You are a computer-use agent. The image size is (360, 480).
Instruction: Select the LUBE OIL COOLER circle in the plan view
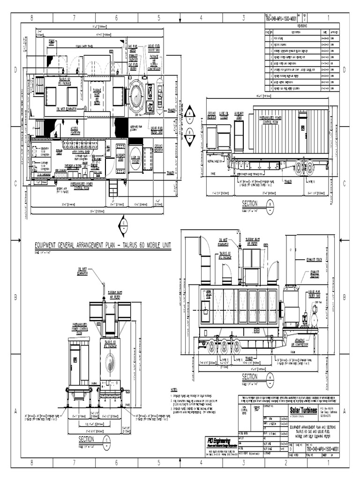(x=135, y=158)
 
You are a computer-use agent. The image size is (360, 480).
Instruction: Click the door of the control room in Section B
(x=303, y=125)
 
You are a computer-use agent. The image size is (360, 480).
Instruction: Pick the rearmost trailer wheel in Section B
(x=310, y=166)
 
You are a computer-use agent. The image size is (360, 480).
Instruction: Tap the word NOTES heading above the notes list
(x=174, y=389)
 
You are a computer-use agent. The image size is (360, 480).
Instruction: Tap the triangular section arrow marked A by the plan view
(x=189, y=113)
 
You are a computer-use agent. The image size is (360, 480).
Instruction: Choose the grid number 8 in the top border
(x=32, y=18)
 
